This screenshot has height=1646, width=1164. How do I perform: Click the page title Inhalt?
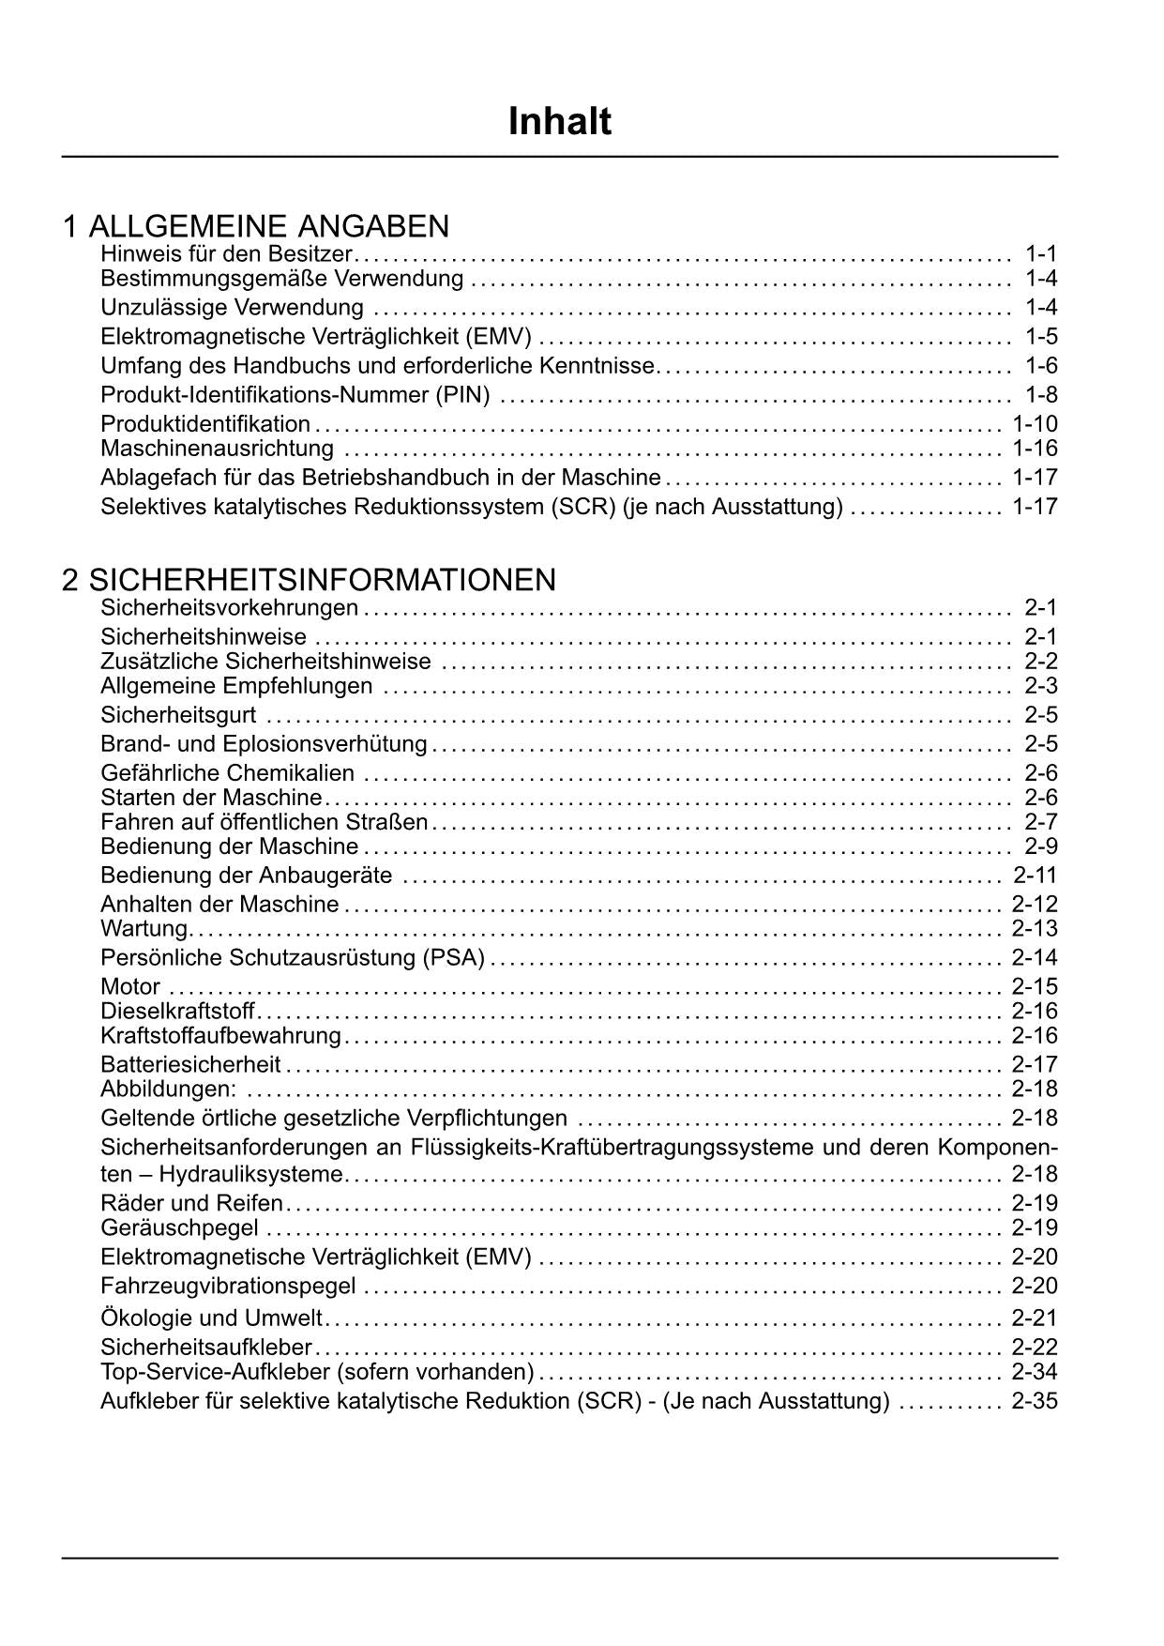(559, 122)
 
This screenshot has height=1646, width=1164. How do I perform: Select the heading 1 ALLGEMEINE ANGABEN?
(255, 226)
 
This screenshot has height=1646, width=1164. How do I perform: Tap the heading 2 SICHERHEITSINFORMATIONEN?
(309, 580)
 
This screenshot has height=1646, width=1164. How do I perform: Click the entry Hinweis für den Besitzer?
(226, 253)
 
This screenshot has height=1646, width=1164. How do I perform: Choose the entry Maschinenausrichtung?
(217, 449)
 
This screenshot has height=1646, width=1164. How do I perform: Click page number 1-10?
(1035, 423)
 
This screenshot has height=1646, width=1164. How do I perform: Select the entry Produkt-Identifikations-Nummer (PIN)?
(295, 394)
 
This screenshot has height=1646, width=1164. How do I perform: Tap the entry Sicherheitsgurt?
(178, 715)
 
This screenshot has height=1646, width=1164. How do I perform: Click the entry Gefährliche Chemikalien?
(228, 773)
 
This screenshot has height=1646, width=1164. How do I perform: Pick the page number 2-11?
(1035, 876)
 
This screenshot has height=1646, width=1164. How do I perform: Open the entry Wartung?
(144, 929)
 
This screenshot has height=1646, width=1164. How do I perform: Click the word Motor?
(130, 986)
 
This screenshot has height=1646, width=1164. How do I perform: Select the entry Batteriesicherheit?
(190, 1064)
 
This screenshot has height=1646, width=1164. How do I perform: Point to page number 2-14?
(1035, 957)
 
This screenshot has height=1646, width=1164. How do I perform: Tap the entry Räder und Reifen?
(191, 1203)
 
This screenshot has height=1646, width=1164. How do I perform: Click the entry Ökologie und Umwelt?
(211, 1318)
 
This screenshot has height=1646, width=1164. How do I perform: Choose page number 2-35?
(1035, 1401)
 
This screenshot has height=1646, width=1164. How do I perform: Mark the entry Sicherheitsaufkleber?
(205, 1348)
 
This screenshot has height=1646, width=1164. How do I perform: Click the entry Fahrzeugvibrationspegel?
(228, 1286)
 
